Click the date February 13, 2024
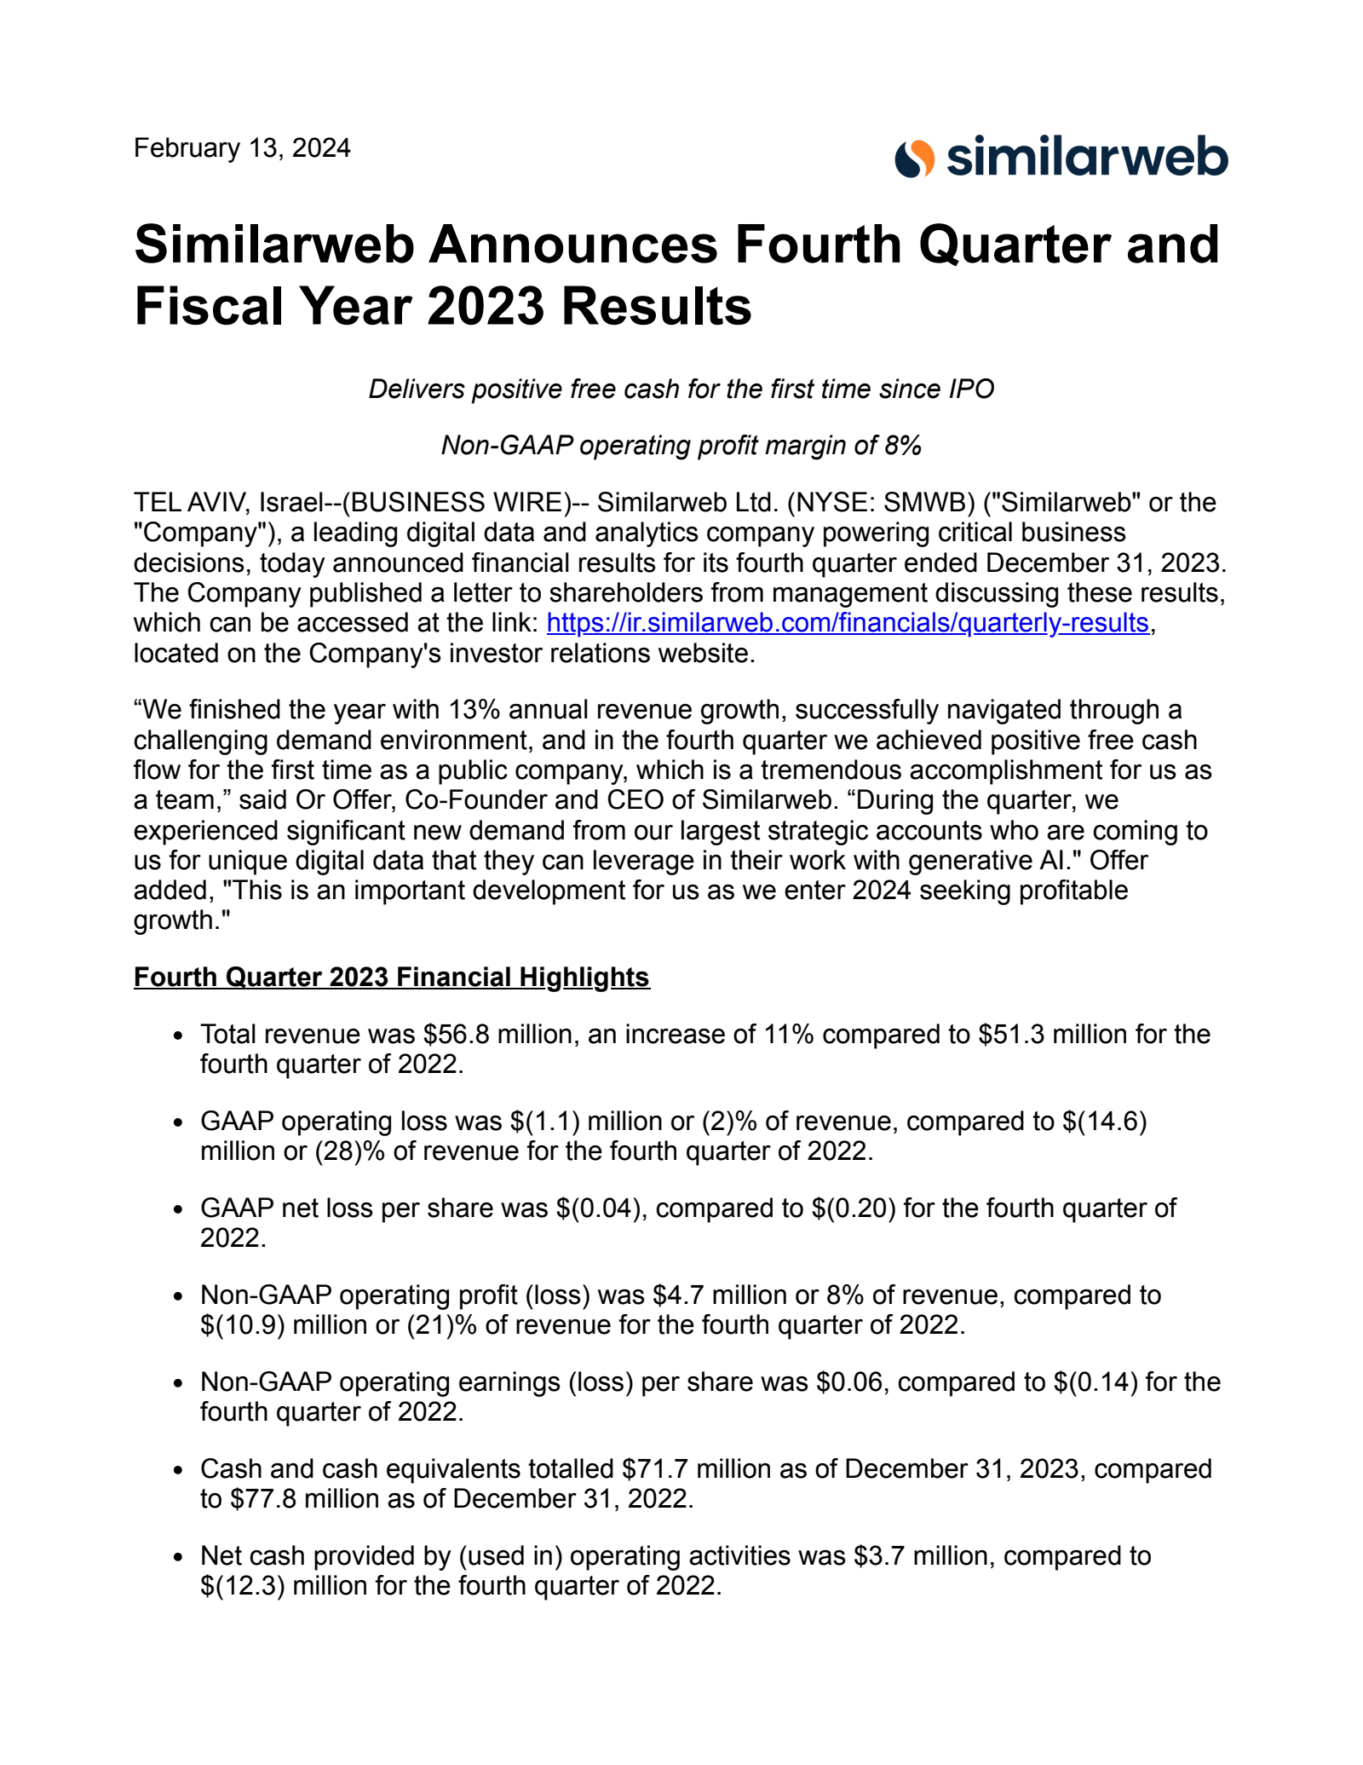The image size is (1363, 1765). click(242, 148)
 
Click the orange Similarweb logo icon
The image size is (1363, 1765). click(915, 158)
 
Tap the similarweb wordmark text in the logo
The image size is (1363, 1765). click(1087, 158)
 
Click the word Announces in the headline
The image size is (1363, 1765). click(573, 245)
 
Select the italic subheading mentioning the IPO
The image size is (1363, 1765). click(681, 389)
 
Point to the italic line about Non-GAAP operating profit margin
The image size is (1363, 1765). click(681, 445)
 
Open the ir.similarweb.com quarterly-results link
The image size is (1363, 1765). click(848, 623)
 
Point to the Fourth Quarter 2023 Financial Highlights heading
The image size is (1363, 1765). click(392, 977)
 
